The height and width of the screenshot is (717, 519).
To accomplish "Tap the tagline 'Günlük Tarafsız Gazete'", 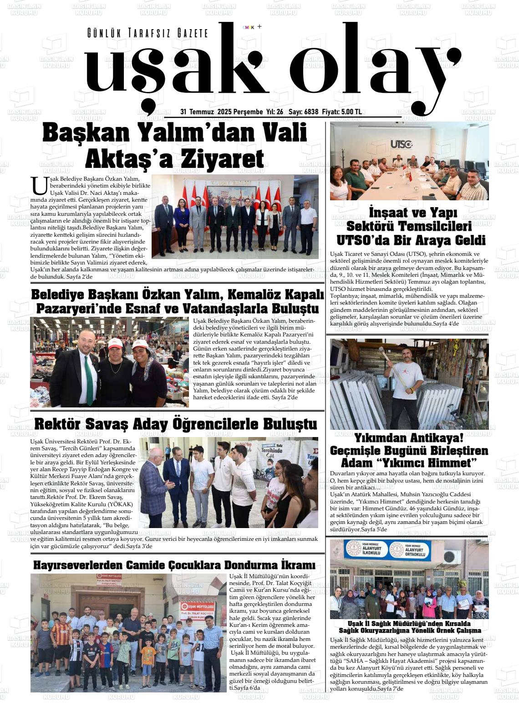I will [148, 33].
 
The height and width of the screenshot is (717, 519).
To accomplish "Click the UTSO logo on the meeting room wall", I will [401, 144].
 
